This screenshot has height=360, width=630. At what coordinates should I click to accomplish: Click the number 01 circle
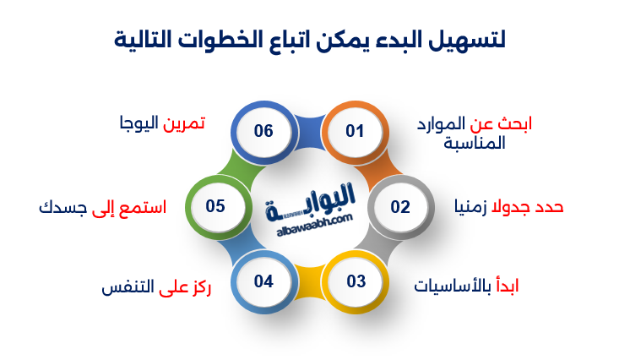coord(354,131)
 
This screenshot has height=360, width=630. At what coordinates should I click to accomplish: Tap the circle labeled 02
coord(399,206)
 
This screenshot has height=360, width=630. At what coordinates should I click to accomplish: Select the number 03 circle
coord(355,281)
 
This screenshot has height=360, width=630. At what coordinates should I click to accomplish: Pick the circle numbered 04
coord(263,281)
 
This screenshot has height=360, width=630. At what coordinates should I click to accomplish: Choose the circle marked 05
coord(215,206)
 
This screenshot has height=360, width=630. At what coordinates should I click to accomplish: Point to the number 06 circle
coord(263,131)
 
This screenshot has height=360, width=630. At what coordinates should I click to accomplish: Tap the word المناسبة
coord(475,143)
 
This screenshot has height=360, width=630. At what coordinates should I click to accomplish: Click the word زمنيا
coord(470,206)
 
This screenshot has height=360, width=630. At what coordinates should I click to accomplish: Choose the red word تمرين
coord(184,123)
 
